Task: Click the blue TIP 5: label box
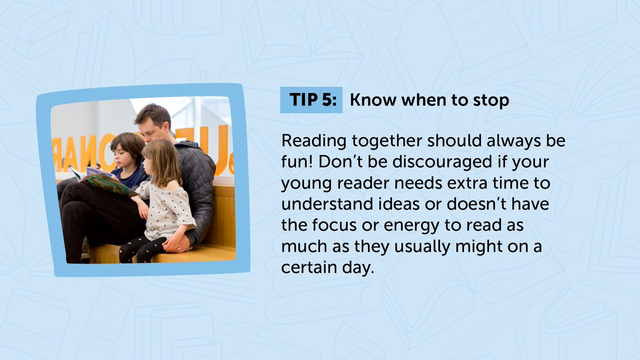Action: [x=311, y=100]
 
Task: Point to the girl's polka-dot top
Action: [x=165, y=208]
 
